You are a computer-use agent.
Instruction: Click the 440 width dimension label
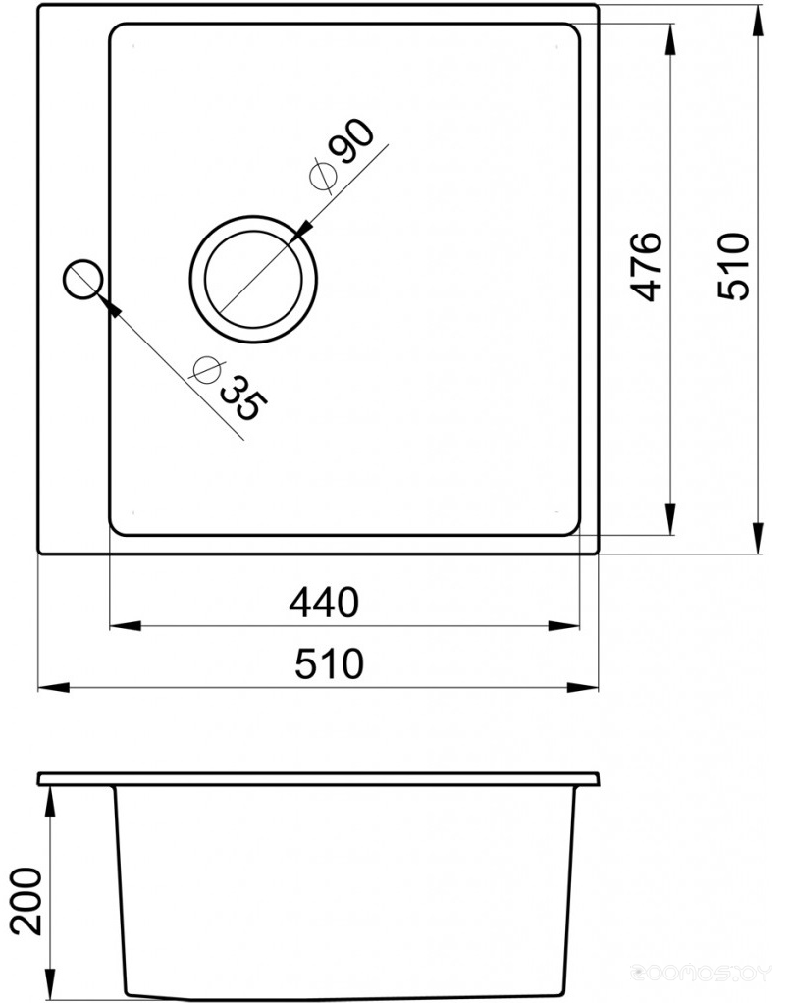coord(324,603)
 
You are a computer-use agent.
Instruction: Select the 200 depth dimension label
coord(26,901)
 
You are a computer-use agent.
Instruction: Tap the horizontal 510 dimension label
coord(329,663)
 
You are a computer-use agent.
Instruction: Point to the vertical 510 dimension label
coord(732,266)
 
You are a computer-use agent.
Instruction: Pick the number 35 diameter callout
coord(243,397)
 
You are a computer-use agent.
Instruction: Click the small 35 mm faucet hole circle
coord(82,279)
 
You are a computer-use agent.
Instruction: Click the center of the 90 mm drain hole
coord(253,280)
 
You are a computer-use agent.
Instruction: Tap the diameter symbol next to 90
coord(322,177)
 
